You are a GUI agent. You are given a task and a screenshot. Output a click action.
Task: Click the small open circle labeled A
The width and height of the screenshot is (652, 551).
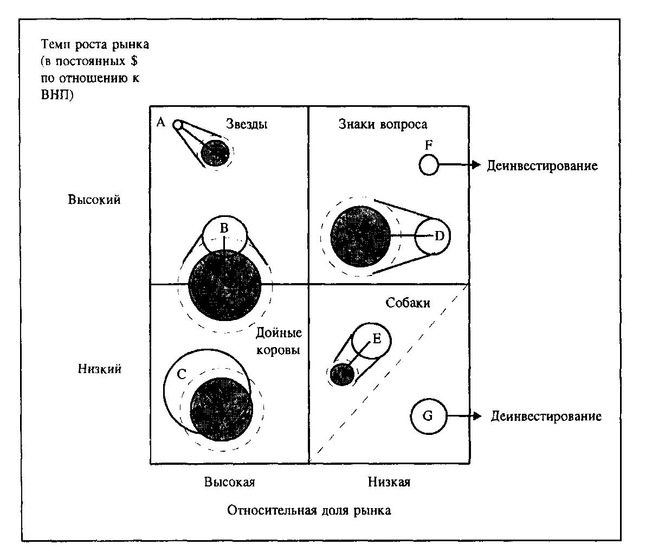[x=177, y=125]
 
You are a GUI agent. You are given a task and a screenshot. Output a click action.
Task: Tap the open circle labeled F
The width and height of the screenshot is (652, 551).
[x=428, y=164]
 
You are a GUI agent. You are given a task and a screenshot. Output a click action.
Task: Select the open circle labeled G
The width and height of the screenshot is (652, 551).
[x=428, y=417]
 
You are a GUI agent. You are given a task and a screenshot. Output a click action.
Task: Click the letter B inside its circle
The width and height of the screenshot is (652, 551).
[x=224, y=226]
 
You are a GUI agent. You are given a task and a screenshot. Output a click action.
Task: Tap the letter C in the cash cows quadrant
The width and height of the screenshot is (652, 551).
[x=182, y=373]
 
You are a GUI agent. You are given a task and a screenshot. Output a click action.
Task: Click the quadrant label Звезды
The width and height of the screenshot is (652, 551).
[x=247, y=124]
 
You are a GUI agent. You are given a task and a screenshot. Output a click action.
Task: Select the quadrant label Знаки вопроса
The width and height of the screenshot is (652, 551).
[x=383, y=124]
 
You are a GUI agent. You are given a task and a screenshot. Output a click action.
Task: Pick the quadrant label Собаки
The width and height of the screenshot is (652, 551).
[x=408, y=303]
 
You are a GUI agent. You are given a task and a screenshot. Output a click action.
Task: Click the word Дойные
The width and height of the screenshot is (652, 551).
[x=279, y=333]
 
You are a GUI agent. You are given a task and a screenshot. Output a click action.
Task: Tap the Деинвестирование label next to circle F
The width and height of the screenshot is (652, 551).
[x=542, y=165]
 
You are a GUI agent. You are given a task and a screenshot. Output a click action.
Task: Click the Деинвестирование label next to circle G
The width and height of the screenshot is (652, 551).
[x=546, y=417]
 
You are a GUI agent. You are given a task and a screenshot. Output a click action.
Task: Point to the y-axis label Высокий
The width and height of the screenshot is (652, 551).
[x=94, y=199]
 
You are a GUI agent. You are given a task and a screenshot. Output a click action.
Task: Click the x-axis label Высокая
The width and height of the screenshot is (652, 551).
[x=229, y=482]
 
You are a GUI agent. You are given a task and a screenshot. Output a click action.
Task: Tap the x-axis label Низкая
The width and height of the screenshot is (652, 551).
[x=389, y=482]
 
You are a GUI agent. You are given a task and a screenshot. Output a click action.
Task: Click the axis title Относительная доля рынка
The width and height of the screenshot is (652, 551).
[x=309, y=511]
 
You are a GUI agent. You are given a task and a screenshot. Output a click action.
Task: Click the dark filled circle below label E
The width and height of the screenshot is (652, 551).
[x=342, y=374]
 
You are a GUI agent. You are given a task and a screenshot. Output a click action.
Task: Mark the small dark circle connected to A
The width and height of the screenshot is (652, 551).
[x=215, y=153]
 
